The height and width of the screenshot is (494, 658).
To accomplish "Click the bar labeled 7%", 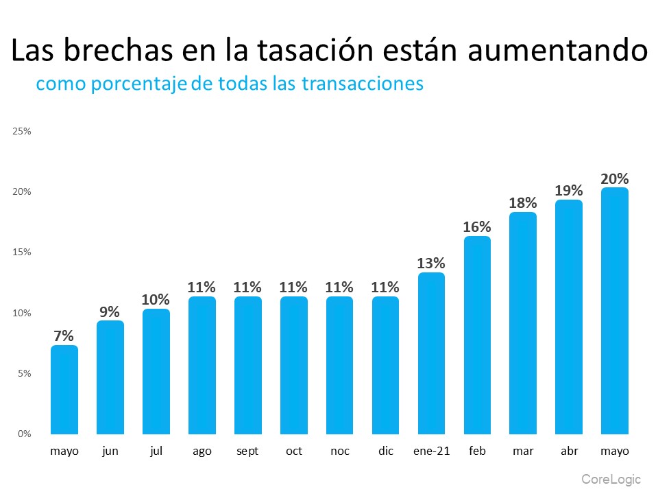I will pos(64,389).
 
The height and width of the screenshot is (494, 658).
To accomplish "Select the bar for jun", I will pos(110,377).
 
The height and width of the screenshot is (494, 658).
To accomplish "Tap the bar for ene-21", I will pos(431,353).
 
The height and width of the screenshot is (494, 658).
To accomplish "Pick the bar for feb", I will pos(477,335).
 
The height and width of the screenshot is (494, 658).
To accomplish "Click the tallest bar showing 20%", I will pos(614,310).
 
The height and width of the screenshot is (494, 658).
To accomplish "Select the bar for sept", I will pos(247,365).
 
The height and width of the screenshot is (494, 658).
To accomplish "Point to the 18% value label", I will pos(523,202).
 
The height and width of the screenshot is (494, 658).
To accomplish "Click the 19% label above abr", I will pos(569,190).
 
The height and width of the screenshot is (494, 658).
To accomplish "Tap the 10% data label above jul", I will pos(156,299).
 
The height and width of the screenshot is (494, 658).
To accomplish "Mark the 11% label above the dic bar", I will pos(385,287).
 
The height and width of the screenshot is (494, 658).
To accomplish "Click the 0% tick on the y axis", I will pos(24,434).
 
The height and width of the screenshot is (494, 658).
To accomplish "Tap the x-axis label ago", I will pos(202,451).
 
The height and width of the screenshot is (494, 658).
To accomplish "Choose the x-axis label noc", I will pos(339,451).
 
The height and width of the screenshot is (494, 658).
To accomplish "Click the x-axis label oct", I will pos(293,451).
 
